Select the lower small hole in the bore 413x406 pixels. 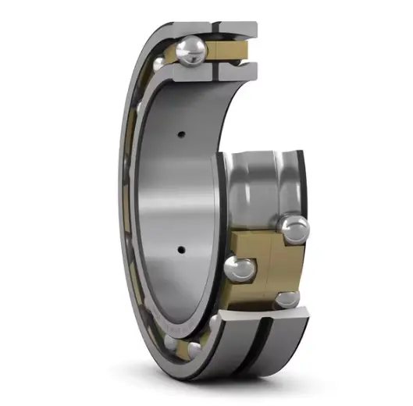[181, 251]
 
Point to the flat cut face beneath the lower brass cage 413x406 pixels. [265, 315]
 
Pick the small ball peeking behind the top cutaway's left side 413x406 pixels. [159, 63]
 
